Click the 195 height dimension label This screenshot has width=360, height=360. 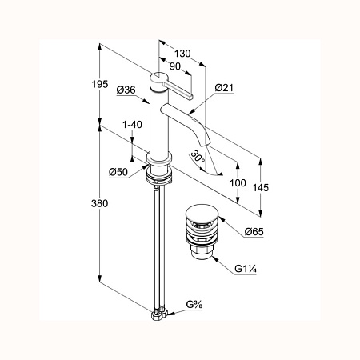click(100, 84)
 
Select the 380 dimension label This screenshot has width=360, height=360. click(100, 204)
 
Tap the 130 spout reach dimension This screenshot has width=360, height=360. click(182, 54)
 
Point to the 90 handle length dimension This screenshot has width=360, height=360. click(175, 66)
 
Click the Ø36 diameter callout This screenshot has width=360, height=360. click(126, 90)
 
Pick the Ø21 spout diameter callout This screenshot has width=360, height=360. click(224, 87)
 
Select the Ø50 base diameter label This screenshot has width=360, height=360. click(118, 172)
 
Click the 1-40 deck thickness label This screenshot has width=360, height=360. click(132, 125)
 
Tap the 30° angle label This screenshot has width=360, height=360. click(198, 157)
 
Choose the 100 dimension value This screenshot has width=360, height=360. click(238, 183)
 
